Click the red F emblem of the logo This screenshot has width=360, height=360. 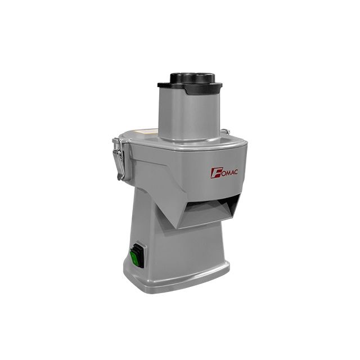(x=215, y=174)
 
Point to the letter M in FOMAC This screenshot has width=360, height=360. (x=226, y=173)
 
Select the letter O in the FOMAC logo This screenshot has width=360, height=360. (x=220, y=173)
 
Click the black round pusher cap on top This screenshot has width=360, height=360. (x=193, y=78)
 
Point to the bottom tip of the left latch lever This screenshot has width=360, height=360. (x=119, y=179)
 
